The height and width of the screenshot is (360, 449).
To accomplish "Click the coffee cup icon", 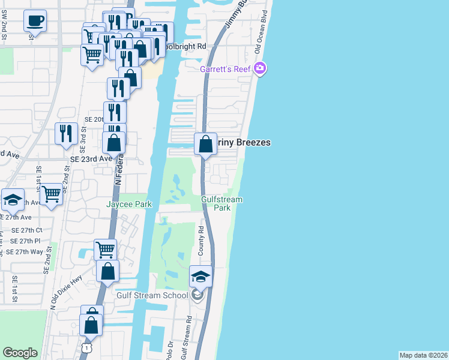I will pos(35,22).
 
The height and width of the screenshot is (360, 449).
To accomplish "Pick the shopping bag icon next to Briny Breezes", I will pos(205,144).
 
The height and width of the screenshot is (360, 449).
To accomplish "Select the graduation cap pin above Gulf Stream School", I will pos(200,277).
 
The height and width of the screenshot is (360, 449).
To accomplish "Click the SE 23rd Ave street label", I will pos(91,159).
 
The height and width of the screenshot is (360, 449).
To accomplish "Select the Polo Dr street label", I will pos(170,349).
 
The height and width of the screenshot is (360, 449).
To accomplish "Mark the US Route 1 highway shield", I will pos(88,348).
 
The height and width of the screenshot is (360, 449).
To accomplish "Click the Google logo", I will pos(20,353).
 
